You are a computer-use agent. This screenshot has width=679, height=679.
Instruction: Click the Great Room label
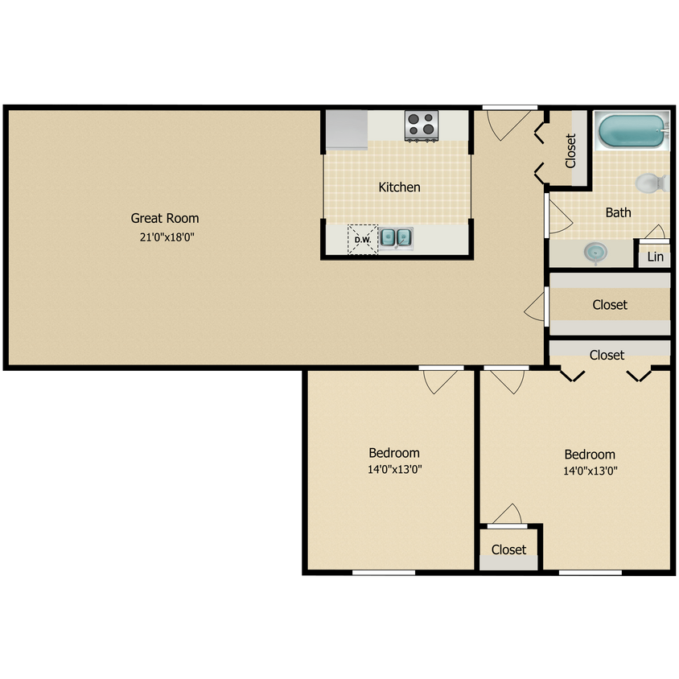[x=165, y=218]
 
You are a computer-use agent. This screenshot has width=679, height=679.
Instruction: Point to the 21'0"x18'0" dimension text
[x=165, y=237]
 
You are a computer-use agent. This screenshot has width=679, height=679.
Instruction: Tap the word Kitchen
[x=400, y=187]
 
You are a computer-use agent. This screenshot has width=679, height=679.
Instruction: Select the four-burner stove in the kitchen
[x=421, y=125]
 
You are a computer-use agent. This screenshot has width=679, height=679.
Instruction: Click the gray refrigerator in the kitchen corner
[x=347, y=129]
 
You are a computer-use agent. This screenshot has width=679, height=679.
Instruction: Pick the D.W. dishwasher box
[x=362, y=239]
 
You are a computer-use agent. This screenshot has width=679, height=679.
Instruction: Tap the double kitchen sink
[x=396, y=237]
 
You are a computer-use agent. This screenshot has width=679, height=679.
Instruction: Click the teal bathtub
[x=632, y=131]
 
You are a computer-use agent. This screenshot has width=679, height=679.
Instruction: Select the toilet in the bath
[x=651, y=183]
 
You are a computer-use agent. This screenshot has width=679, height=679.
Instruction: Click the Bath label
[x=618, y=212]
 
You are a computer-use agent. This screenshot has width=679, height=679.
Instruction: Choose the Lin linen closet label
[x=656, y=257]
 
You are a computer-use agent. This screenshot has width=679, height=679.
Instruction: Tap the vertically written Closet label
[x=571, y=150]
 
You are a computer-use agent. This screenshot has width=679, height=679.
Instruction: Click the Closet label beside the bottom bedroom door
[x=508, y=549]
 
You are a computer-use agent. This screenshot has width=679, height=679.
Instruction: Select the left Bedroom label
[x=394, y=453]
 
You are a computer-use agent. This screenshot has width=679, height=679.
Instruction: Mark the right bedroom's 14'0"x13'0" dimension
[x=590, y=471]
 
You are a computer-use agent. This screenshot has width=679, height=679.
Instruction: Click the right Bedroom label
[x=590, y=455]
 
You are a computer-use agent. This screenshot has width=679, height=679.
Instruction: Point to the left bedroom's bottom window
[x=384, y=572]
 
